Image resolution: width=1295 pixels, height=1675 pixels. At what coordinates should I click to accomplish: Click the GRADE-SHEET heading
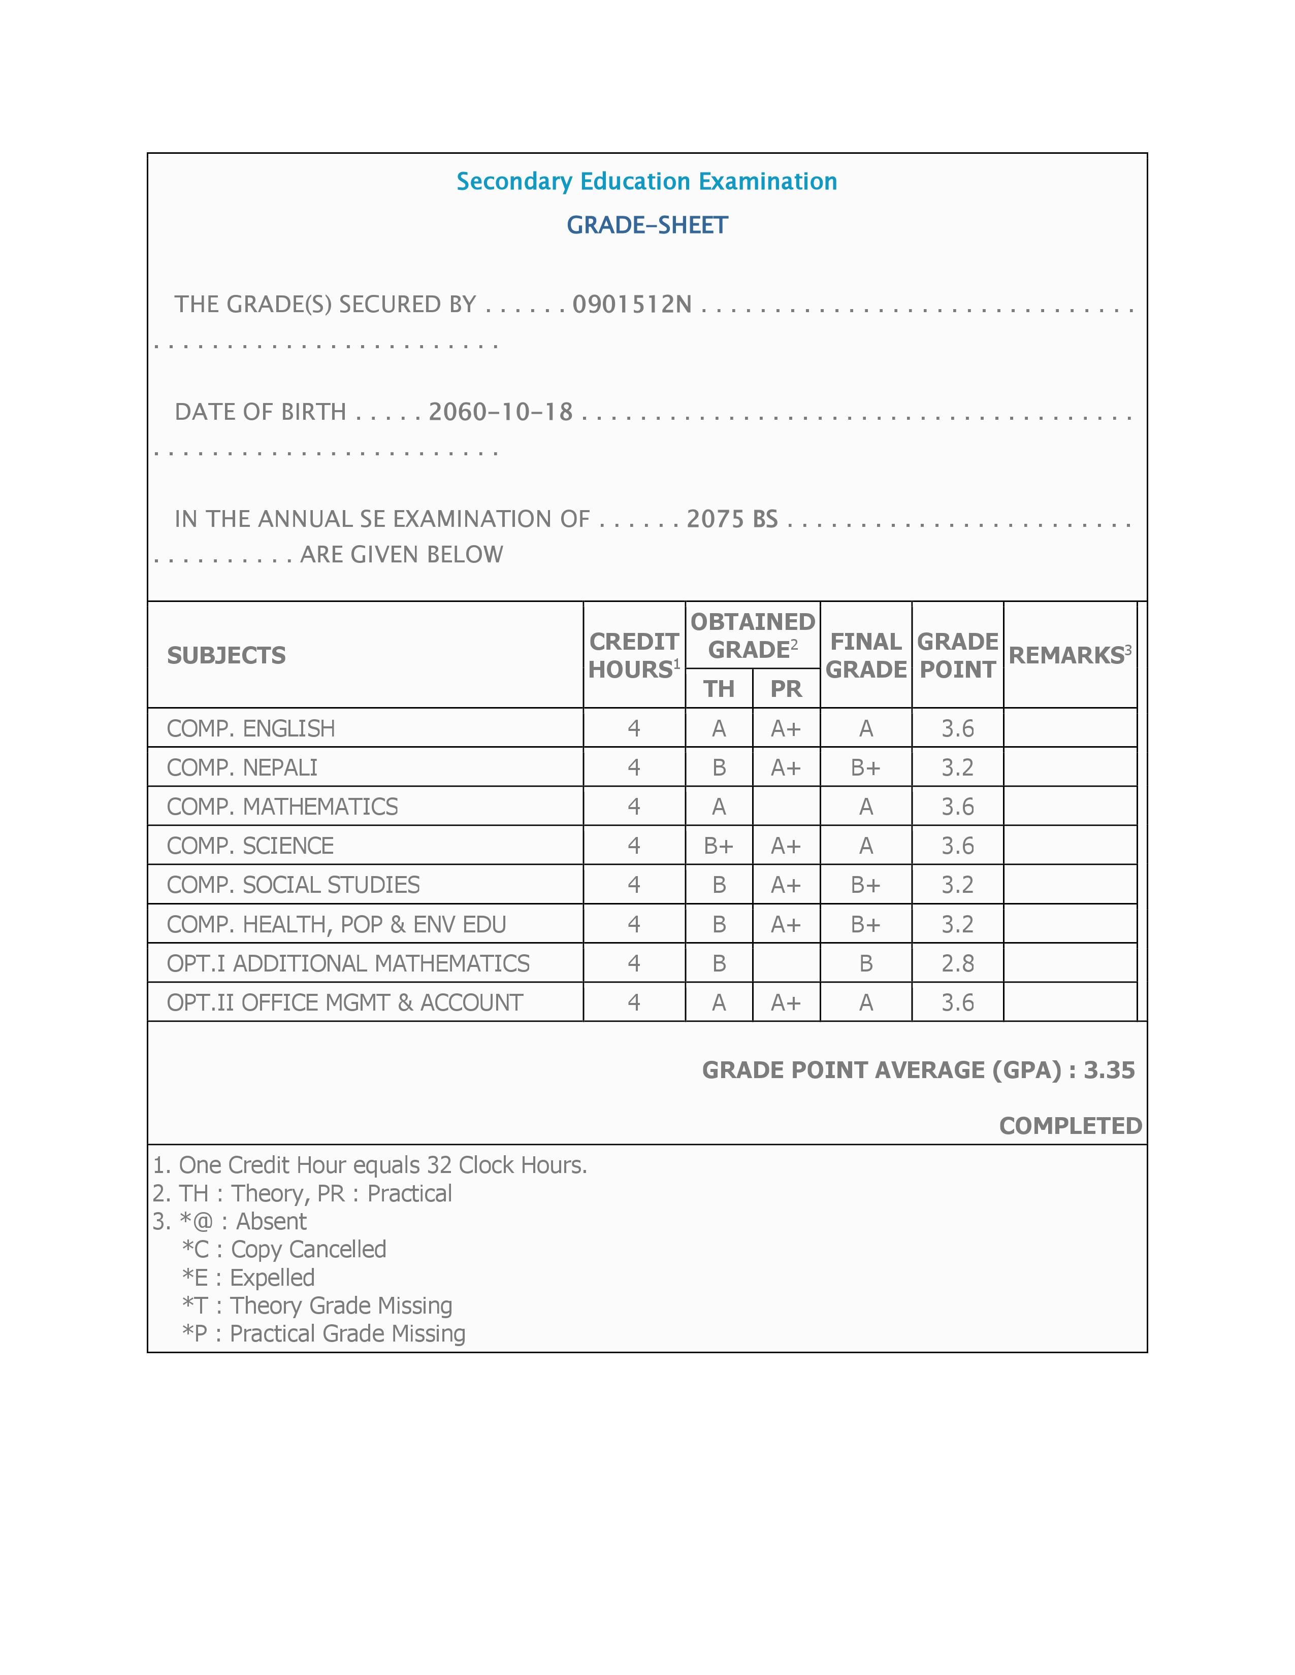(x=646, y=225)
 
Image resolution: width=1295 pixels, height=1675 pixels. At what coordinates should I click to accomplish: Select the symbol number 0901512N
(x=632, y=305)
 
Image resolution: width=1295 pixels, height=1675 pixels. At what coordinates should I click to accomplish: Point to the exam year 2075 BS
(x=732, y=519)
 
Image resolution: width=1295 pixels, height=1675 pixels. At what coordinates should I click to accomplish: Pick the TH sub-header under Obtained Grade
(x=719, y=689)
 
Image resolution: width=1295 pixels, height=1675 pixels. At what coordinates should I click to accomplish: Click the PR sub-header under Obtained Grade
(x=786, y=689)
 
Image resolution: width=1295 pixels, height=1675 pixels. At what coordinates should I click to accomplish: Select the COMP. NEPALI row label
(x=242, y=767)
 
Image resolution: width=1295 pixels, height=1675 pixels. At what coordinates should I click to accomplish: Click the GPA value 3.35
(x=1109, y=1070)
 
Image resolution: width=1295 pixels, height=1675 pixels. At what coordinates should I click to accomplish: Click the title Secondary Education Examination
(x=646, y=181)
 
